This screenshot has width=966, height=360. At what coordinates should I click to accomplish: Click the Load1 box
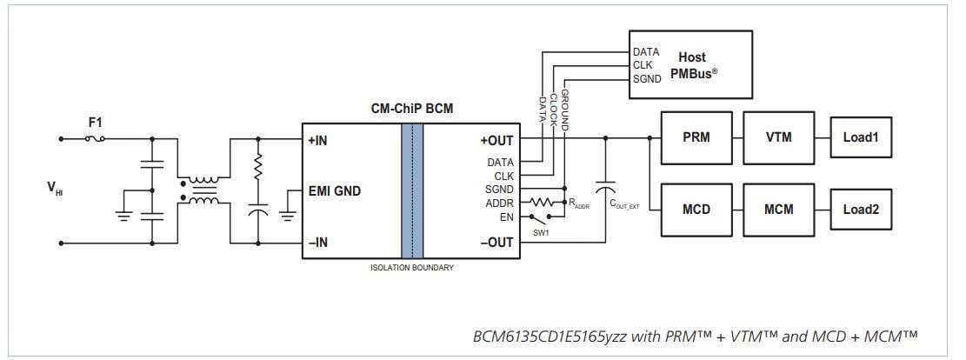pos(862,137)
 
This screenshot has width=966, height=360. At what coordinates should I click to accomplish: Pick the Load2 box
pos(862,210)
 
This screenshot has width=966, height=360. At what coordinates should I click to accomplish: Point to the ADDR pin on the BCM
pos(501,203)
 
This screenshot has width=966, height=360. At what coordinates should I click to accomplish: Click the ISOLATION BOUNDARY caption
pos(412,268)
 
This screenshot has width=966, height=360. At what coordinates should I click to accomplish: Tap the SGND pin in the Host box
pos(648,79)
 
